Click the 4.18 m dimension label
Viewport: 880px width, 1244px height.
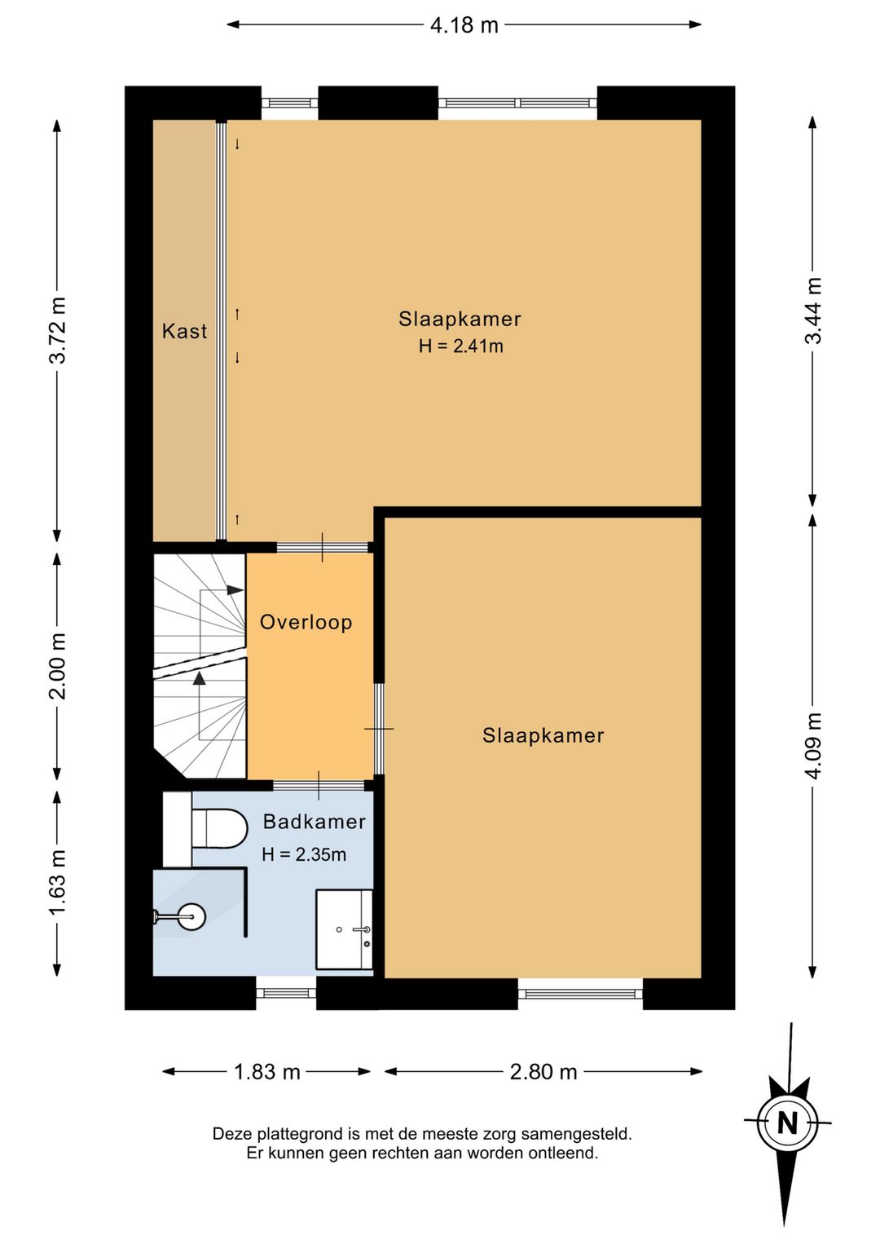(x=464, y=25)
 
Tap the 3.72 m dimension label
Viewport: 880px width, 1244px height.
(x=58, y=330)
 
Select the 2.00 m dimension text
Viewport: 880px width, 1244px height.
(x=58, y=665)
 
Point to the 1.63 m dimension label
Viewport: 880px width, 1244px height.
(x=58, y=883)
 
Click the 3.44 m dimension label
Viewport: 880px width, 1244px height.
(x=813, y=311)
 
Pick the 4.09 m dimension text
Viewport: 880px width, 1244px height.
(x=813, y=746)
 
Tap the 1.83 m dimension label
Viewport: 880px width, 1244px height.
(x=267, y=1072)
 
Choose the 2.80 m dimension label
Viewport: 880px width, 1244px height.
(x=543, y=1072)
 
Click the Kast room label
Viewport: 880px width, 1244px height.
(x=184, y=332)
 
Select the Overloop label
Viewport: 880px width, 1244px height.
(x=306, y=622)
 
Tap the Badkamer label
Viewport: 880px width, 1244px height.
(x=315, y=822)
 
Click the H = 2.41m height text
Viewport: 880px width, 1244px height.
(x=461, y=346)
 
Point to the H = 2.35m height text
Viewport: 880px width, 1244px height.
(x=304, y=854)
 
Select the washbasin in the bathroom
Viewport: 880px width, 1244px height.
(x=344, y=929)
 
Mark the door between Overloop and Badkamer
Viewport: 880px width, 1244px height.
(x=319, y=785)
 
